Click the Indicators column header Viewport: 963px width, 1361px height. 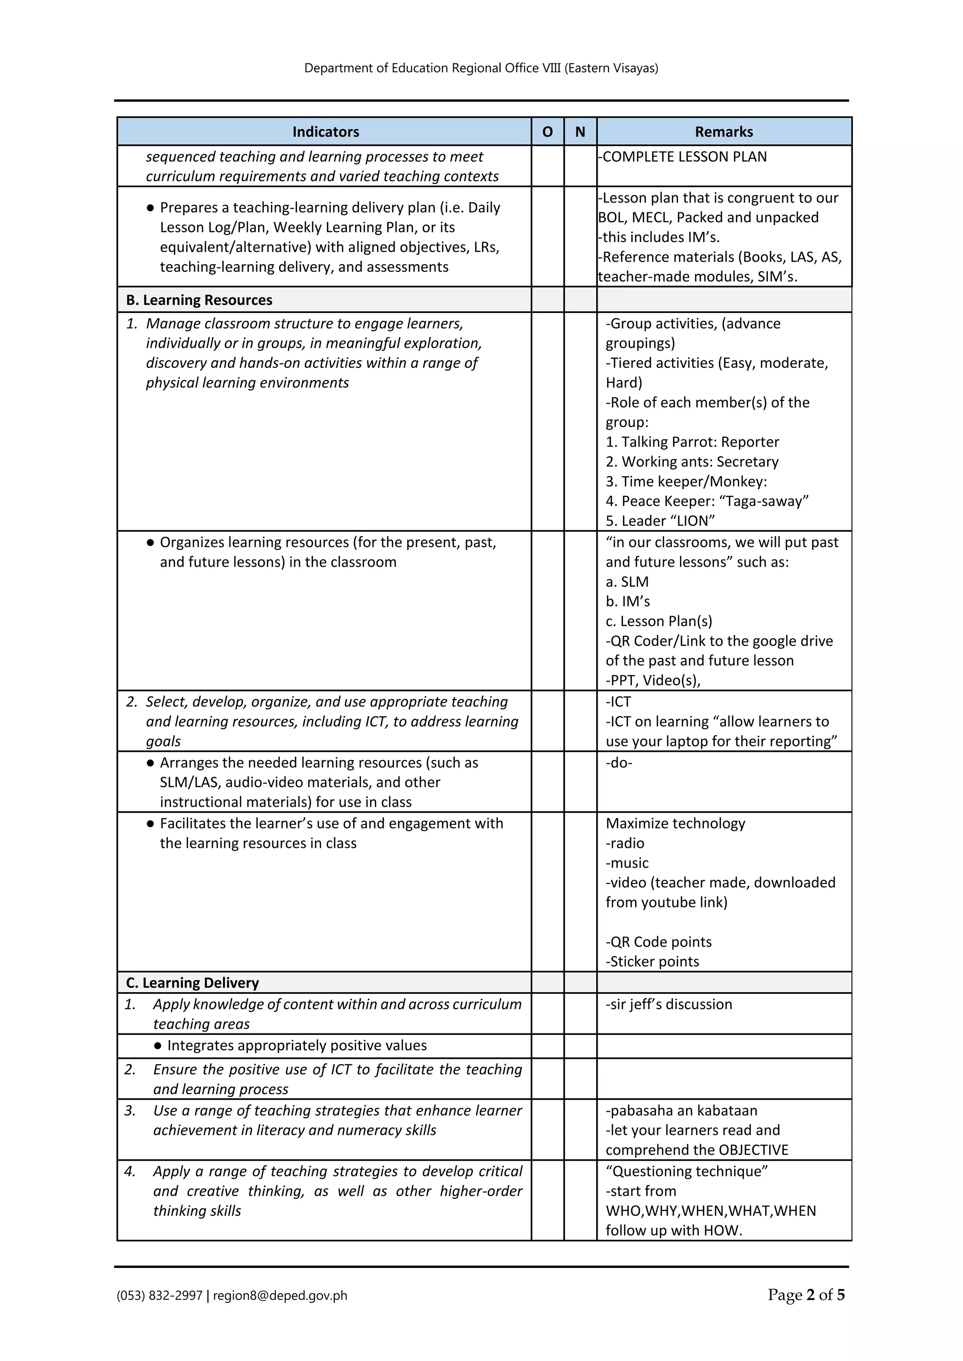tap(325, 132)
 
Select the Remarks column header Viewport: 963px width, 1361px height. tap(724, 132)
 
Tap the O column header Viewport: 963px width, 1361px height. tap(547, 132)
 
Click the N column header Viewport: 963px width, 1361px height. tap(580, 132)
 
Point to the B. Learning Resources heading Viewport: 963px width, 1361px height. tap(199, 300)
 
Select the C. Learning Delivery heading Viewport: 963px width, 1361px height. tap(193, 983)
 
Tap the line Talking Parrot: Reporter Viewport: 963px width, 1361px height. tap(692, 442)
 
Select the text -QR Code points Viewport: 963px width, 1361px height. tap(658, 942)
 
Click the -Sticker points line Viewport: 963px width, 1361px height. tap(652, 962)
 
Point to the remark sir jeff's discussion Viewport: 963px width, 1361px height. tap(669, 1004)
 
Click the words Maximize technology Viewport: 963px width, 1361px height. tap(675, 823)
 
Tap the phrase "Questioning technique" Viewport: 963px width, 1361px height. tap(687, 1171)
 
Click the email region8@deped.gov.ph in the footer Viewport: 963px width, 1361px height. tap(280, 1295)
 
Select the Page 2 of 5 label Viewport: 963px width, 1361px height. tap(806, 1295)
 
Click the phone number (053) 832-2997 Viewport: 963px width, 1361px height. tap(159, 1295)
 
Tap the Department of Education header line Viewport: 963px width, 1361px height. tap(481, 68)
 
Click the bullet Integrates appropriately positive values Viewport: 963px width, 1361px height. tap(297, 1045)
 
